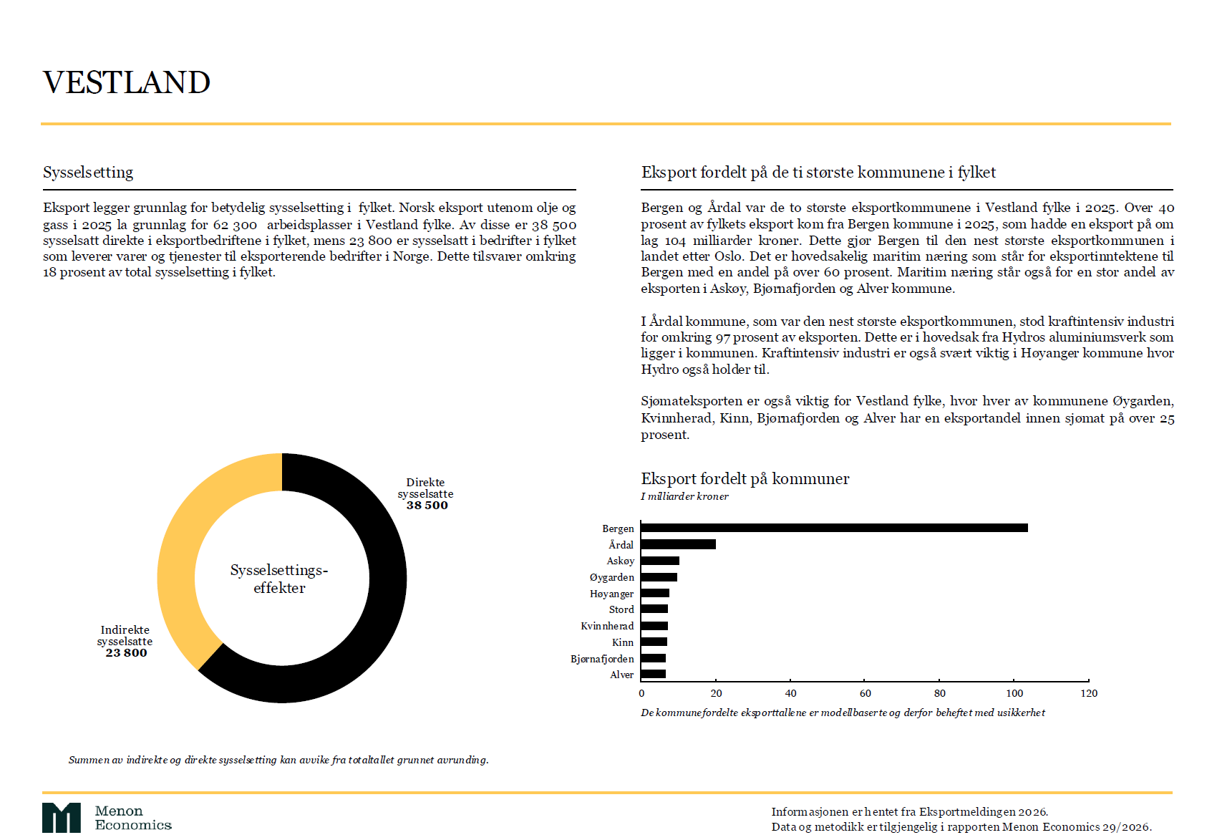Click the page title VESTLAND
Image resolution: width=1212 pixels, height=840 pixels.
pyautogui.click(x=127, y=82)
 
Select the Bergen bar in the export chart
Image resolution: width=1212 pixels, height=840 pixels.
pyautogui.click(x=834, y=528)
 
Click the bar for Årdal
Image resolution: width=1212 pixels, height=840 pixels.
pyautogui.click(x=678, y=544)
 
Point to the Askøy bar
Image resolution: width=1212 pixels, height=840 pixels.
pyautogui.click(x=660, y=561)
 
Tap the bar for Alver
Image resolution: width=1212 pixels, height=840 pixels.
pyautogui.click(x=654, y=674)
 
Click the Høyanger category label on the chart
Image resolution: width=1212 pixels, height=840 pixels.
pyautogui.click(x=611, y=594)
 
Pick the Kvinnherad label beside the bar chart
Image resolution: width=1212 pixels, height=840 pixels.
pyautogui.click(x=607, y=626)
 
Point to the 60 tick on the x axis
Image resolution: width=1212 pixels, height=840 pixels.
pyautogui.click(x=865, y=693)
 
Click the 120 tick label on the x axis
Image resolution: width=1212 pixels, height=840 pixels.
pyautogui.click(x=1089, y=693)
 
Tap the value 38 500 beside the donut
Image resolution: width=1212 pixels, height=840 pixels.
pyautogui.click(x=427, y=506)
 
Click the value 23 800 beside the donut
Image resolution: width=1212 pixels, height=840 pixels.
pyautogui.click(x=126, y=653)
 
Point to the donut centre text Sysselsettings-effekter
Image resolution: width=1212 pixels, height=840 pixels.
pyautogui.click(x=279, y=579)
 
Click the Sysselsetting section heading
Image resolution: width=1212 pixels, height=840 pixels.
pyautogui.click(x=88, y=173)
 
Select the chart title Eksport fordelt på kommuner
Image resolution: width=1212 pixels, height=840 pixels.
pyautogui.click(x=745, y=479)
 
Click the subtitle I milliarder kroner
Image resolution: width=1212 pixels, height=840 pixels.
pyautogui.click(x=684, y=496)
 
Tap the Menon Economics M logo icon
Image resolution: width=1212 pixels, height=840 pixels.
pyautogui.click(x=62, y=818)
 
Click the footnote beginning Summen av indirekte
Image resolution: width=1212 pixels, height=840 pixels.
pyautogui.click(x=278, y=760)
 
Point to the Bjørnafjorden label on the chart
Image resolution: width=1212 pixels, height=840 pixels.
pyautogui.click(x=602, y=659)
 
